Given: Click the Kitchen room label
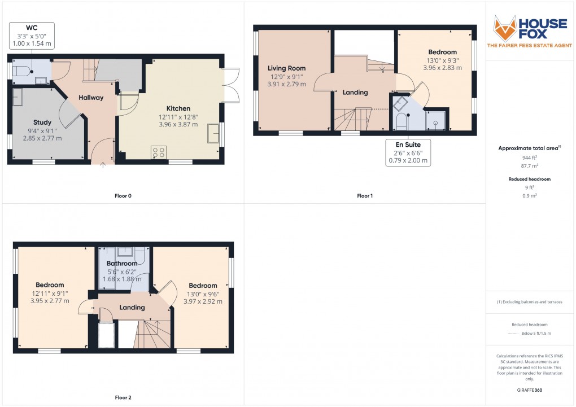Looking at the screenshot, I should click(x=178, y=108).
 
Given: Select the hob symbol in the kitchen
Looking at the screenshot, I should click(x=159, y=152).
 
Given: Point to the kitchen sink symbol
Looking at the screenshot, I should click(x=214, y=133).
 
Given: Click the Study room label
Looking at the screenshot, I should click(x=42, y=122).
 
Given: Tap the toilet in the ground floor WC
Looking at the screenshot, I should click(x=21, y=71).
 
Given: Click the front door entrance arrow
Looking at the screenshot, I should click(x=102, y=166).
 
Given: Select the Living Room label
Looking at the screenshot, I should click(x=286, y=68).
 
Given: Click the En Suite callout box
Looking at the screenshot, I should click(x=408, y=152).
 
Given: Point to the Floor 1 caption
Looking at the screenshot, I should click(x=365, y=196).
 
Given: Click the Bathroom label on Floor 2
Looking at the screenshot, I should click(x=122, y=264).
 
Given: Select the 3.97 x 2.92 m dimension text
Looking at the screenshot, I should click(x=203, y=301).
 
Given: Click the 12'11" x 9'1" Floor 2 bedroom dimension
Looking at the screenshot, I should click(x=50, y=293).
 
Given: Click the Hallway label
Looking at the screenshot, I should click(x=91, y=98).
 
